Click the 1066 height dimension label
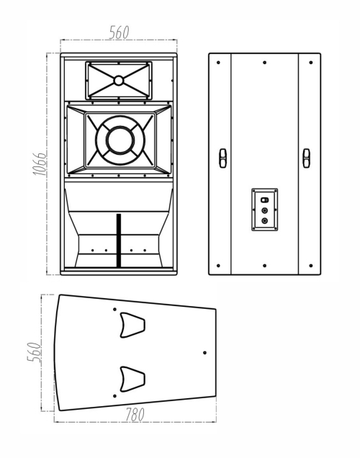tap(39, 163)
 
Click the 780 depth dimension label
tap(135, 415)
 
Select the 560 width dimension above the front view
tap(119, 32)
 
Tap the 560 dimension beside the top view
tap(34, 352)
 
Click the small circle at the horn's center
tap(119, 81)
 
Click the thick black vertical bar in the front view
tap(119, 241)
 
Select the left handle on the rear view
tap(222, 158)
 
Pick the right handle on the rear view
tap(306, 158)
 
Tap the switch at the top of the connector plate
tap(264, 200)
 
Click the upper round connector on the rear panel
tap(264, 210)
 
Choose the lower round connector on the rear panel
tap(264, 221)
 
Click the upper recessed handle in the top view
tap(132, 325)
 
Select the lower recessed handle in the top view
tap(132, 379)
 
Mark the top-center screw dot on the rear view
tap(264, 63)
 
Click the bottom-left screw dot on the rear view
tap(218, 266)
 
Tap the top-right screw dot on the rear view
tap(310, 63)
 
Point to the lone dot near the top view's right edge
tap(204, 353)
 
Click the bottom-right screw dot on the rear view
tap(310, 266)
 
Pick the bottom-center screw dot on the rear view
tap(264, 266)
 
